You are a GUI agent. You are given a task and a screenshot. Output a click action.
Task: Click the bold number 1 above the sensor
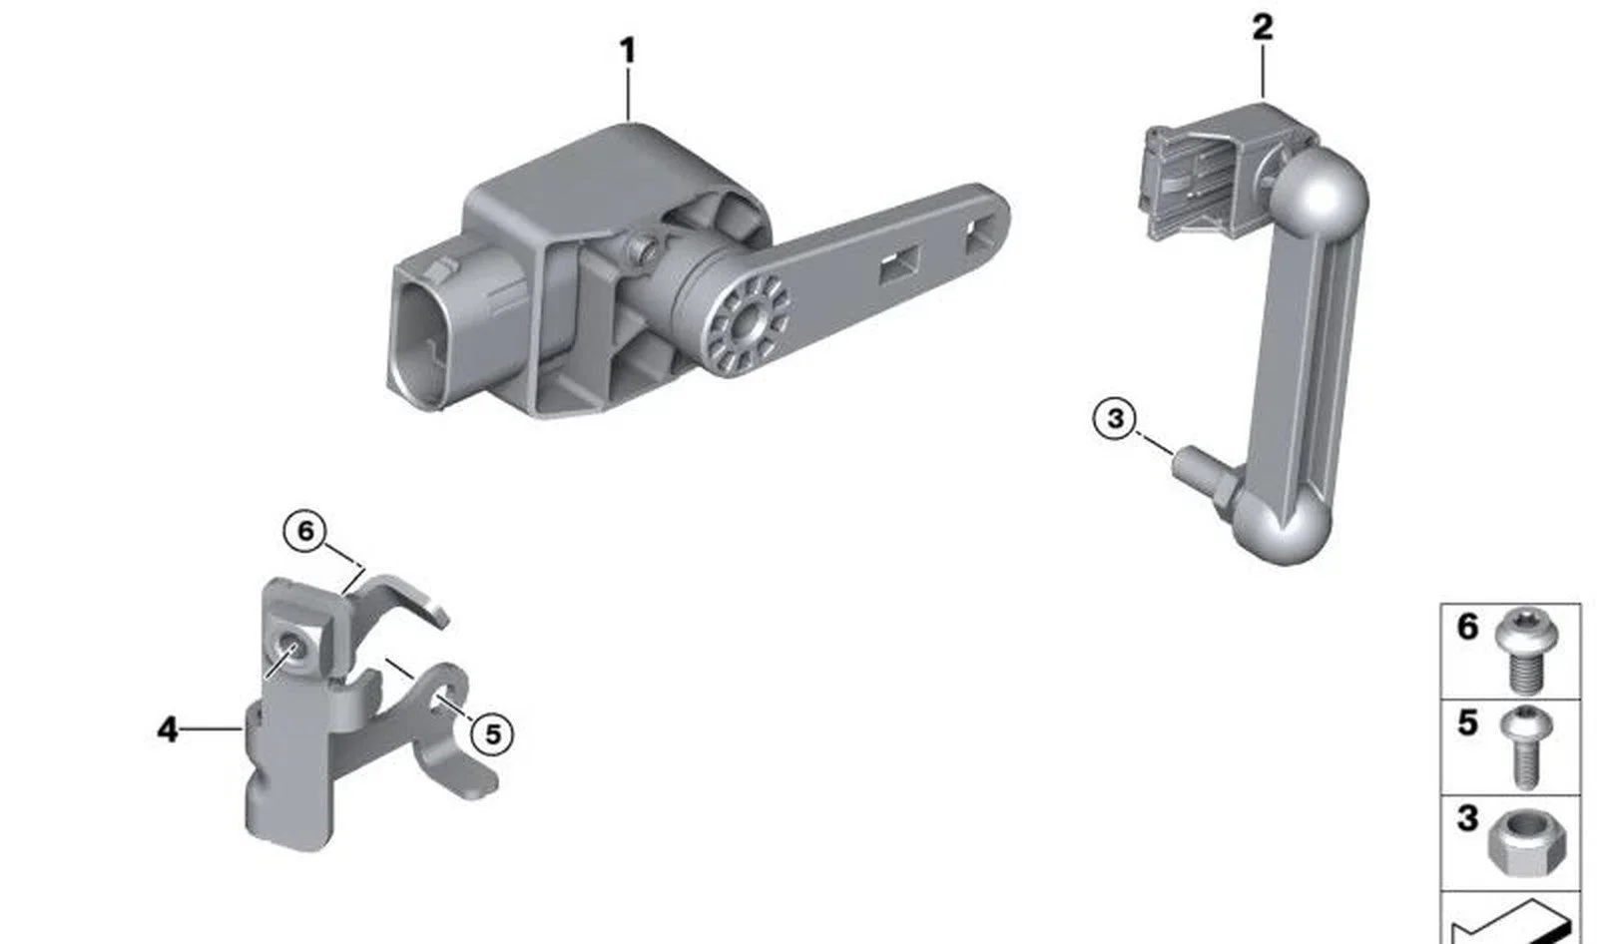pos(628,51)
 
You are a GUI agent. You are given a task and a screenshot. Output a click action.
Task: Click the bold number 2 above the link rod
pos(1262,27)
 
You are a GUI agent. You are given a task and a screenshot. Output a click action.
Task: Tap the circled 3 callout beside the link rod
pos(1115,418)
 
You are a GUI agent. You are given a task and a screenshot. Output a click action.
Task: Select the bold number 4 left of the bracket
pos(167,729)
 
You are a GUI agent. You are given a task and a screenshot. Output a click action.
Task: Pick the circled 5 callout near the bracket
pos(492,733)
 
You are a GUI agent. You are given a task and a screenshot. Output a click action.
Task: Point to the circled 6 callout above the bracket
pos(305,531)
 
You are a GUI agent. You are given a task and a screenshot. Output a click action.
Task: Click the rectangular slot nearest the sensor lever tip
pos(978,236)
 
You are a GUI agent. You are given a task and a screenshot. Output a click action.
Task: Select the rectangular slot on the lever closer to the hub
pos(899,267)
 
